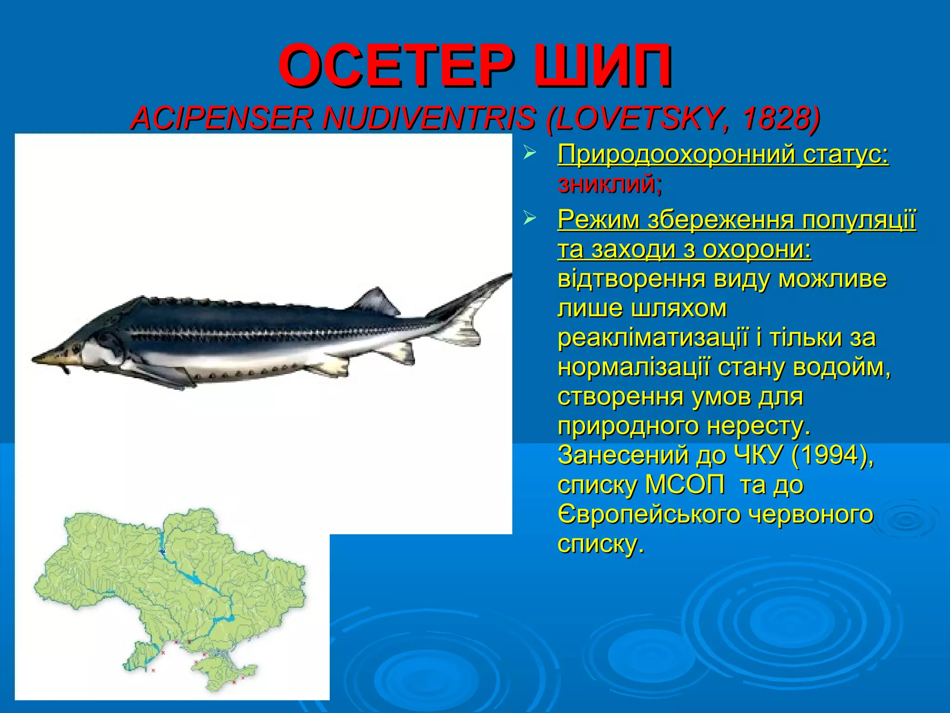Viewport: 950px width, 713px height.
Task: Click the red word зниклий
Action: tap(610, 184)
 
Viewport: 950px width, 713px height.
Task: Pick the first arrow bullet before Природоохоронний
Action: tap(529, 153)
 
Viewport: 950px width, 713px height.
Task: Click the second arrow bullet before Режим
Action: tap(529, 217)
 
